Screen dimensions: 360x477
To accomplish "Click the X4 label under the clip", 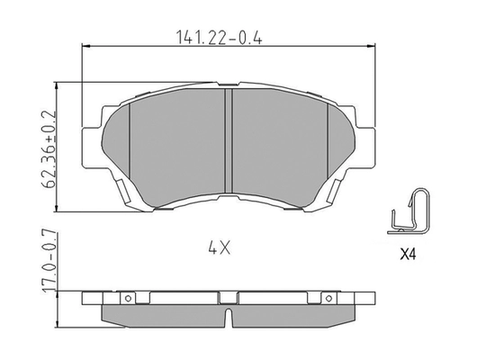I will point(409,254).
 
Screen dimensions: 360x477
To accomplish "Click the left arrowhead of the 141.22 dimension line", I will point(85,49).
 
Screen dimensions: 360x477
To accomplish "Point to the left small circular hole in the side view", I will point(128,299).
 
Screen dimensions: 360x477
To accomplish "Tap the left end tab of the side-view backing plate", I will point(86,299).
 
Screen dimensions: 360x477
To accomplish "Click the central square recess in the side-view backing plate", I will point(228,298).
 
